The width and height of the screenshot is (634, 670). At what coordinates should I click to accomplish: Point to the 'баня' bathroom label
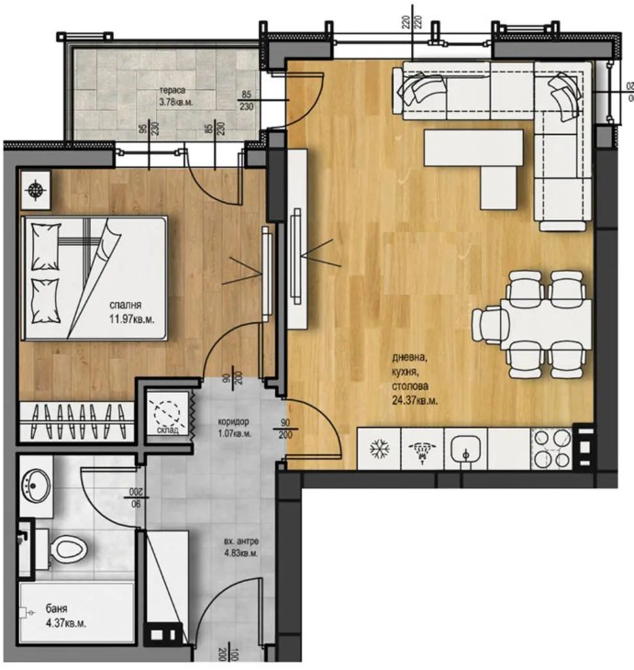[x=55, y=609]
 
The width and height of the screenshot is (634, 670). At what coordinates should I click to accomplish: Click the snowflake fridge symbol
[x=378, y=450]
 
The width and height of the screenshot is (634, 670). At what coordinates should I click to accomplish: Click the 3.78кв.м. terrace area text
[x=178, y=103]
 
